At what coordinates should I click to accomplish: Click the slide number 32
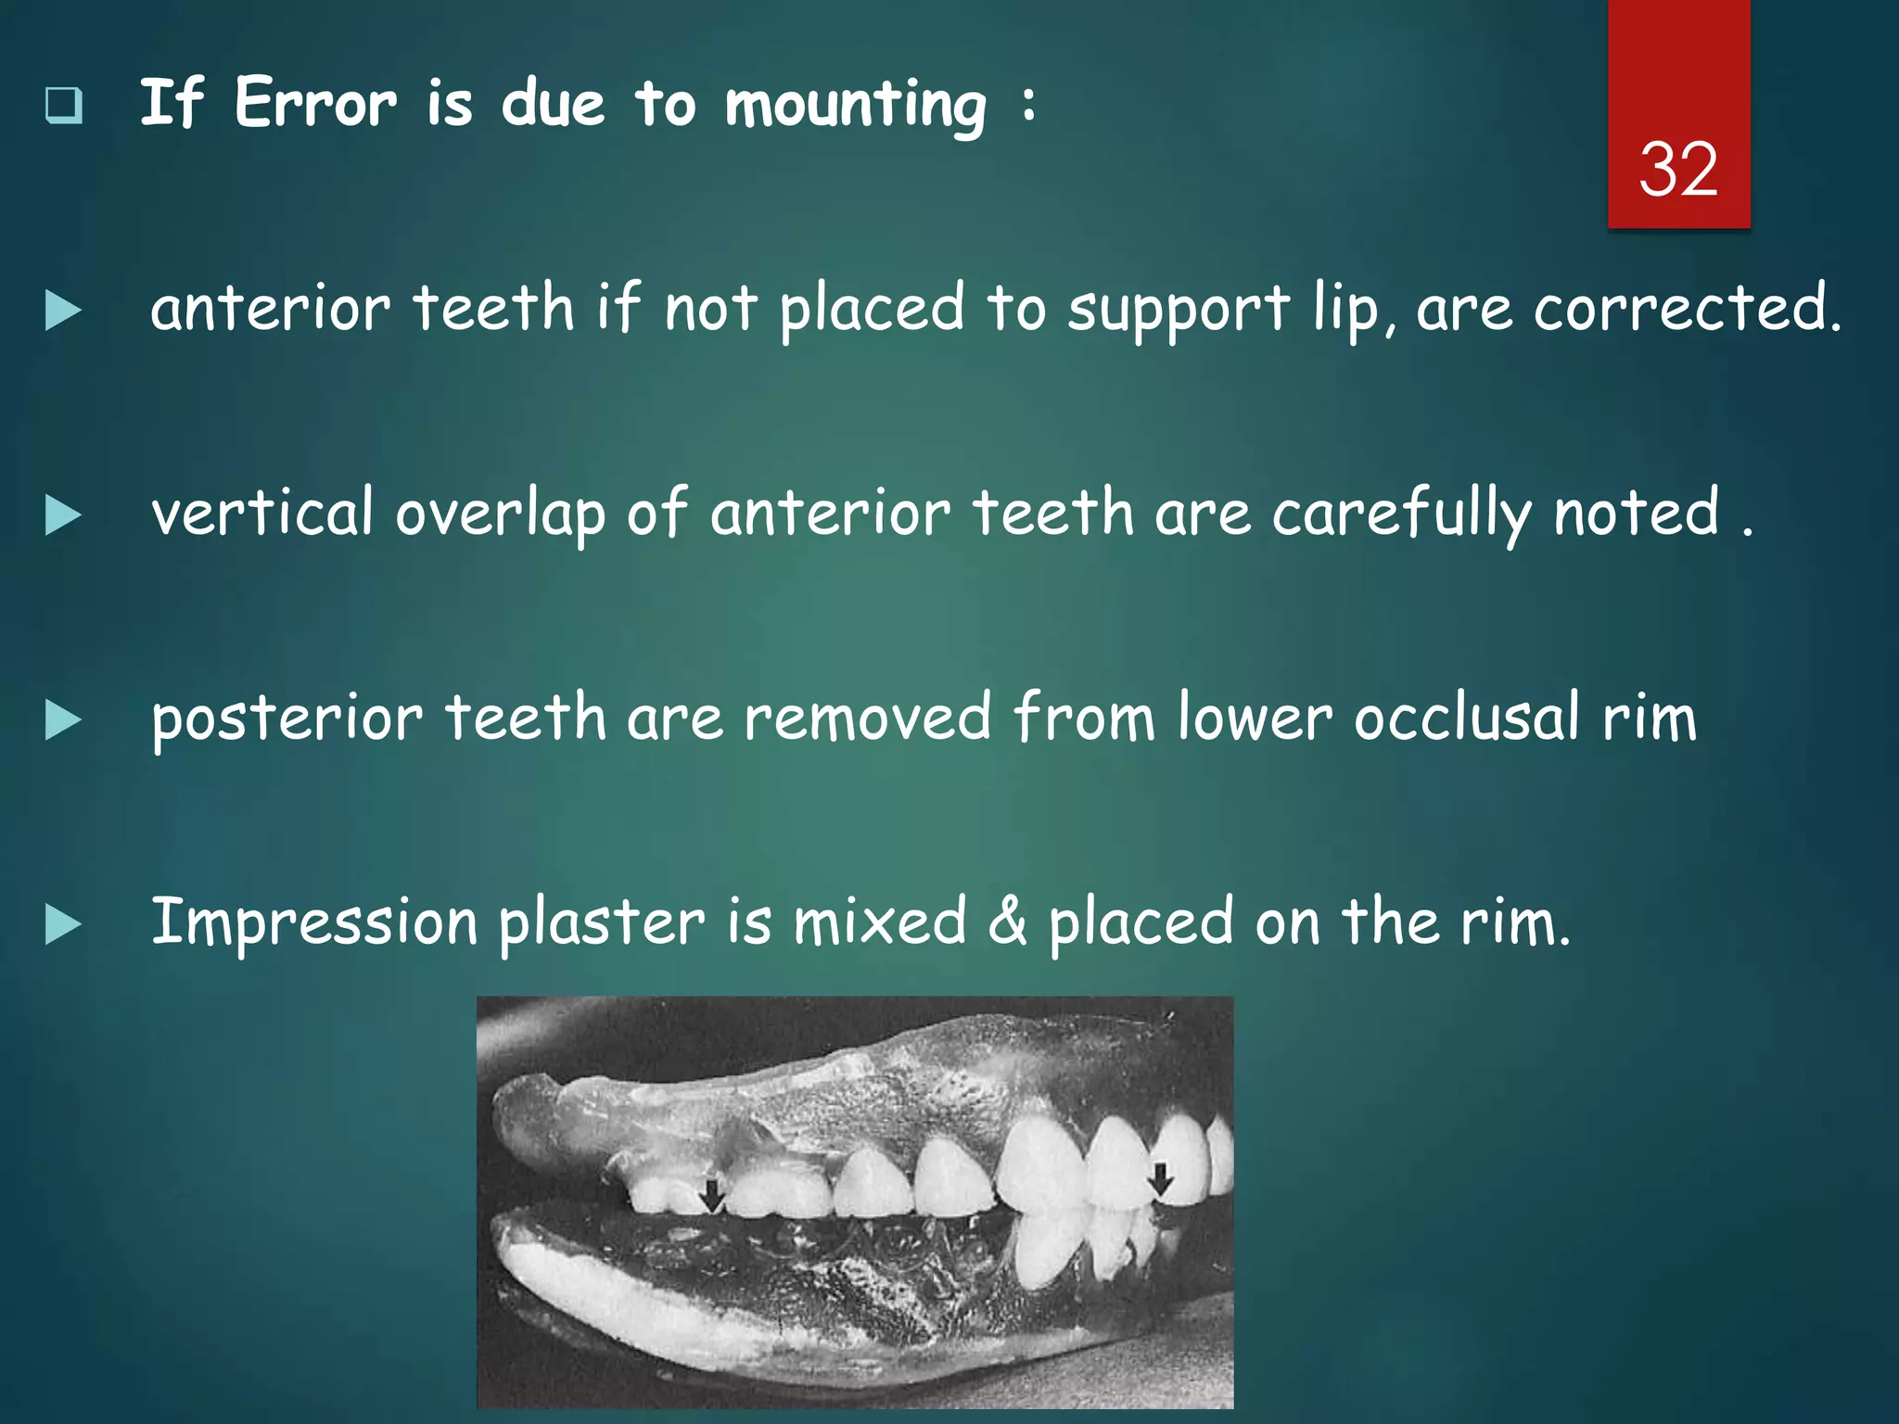tap(1677, 170)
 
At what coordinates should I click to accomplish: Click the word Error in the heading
tap(315, 103)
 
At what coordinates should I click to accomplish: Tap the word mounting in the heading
tap(855, 106)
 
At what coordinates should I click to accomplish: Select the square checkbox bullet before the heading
tap(64, 106)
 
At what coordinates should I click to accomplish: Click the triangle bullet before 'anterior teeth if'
tap(62, 311)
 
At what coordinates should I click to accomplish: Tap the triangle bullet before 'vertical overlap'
tap(62, 515)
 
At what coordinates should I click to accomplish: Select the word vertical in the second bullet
tap(261, 513)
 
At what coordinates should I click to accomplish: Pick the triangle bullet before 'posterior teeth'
tap(62, 720)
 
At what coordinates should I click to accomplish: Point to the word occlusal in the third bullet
tap(1466, 718)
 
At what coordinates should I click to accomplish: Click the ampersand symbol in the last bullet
tap(1007, 922)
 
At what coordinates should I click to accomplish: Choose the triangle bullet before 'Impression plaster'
tap(62, 925)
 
